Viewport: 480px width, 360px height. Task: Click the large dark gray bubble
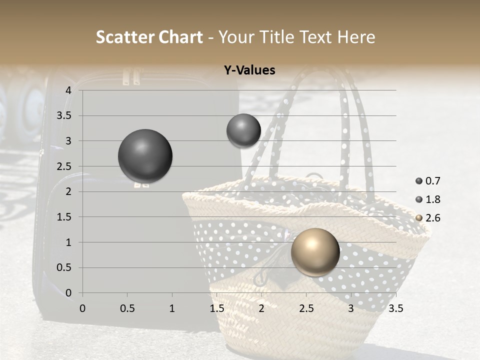(145, 156)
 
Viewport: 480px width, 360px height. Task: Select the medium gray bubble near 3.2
(243, 130)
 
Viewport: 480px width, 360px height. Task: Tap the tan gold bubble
(315, 252)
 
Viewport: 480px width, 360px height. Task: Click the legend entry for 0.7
(428, 181)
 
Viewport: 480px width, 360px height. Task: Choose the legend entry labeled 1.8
(428, 199)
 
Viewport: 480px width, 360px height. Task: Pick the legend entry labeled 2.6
(428, 218)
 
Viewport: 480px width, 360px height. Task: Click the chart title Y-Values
(249, 70)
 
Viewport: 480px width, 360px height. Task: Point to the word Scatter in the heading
(125, 37)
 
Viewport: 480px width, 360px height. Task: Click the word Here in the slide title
(356, 37)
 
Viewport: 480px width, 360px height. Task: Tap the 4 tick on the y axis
(68, 90)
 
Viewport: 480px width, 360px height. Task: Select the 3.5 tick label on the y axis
(64, 116)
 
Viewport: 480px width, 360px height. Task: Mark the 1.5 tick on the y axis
(64, 217)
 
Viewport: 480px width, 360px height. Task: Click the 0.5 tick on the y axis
(64, 268)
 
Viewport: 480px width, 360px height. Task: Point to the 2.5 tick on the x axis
(306, 308)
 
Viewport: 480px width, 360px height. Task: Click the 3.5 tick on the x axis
(395, 308)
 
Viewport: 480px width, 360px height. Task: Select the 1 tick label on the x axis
(172, 308)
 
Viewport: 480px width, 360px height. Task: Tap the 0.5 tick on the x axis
(127, 308)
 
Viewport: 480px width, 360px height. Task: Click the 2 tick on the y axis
(68, 191)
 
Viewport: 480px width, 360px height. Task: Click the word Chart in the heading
(181, 37)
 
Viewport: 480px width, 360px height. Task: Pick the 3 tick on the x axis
(351, 308)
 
